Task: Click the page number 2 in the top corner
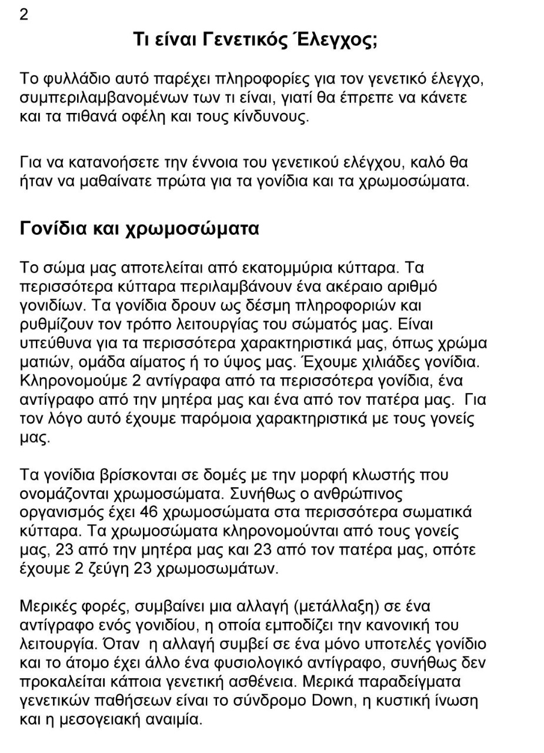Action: click(x=24, y=15)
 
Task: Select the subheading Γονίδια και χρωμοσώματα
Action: click(x=139, y=228)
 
